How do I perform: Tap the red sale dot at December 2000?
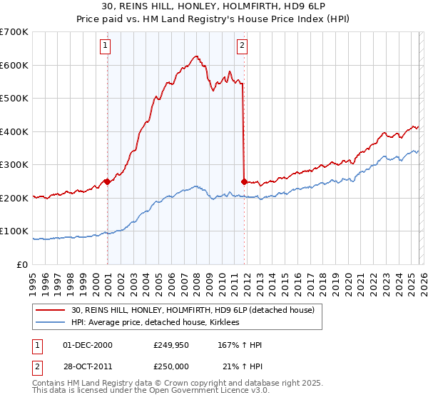[107, 181]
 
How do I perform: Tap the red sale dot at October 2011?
[245, 181]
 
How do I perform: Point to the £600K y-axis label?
[14, 65]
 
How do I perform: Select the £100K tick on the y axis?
[14, 231]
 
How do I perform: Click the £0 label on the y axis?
[21, 264]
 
